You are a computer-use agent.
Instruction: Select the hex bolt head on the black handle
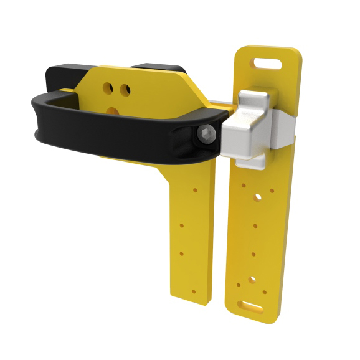tap(206, 135)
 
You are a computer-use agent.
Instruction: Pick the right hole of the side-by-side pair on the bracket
tap(125, 90)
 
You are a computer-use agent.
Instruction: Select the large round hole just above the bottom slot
tap(252, 280)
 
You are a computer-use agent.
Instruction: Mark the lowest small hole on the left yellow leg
tap(192, 291)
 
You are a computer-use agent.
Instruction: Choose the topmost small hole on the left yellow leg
tap(194, 187)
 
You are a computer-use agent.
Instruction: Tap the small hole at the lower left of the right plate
tap(239, 286)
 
